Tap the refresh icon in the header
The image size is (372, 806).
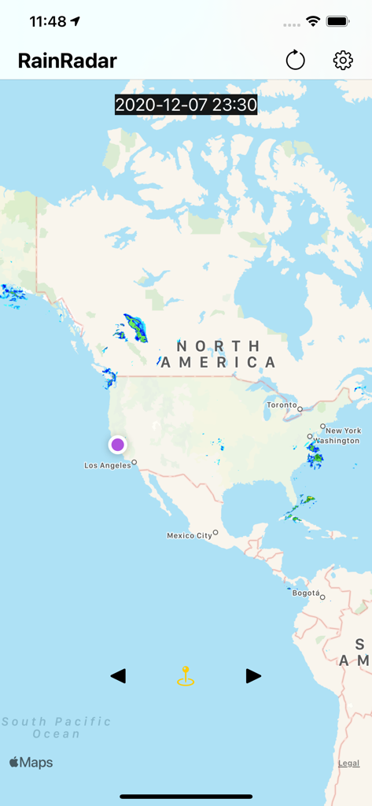tap(295, 60)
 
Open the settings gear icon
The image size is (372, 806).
tap(343, 60)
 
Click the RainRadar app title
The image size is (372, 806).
tap(68, 61)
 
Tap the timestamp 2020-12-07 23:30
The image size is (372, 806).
tap(186, 105)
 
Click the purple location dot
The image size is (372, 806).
tap(117, 445)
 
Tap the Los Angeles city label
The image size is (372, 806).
tap(108, 465)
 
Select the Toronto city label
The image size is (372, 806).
tap(282, 405)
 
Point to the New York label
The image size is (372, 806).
tap(343, 431)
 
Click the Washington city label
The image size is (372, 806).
tap(336, 441)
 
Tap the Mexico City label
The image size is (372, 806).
tap(190, 535)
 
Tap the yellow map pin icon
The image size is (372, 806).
tap(186, 676)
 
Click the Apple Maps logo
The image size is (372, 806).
tap(31, 762)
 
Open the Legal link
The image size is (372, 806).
tap(348, 763)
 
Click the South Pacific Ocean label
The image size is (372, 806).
tap(56, 727)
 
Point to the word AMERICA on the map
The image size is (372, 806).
tap(217, 362)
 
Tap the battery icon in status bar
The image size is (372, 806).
tap(338, 21)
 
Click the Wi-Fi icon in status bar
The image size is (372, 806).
tap(313, 21)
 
